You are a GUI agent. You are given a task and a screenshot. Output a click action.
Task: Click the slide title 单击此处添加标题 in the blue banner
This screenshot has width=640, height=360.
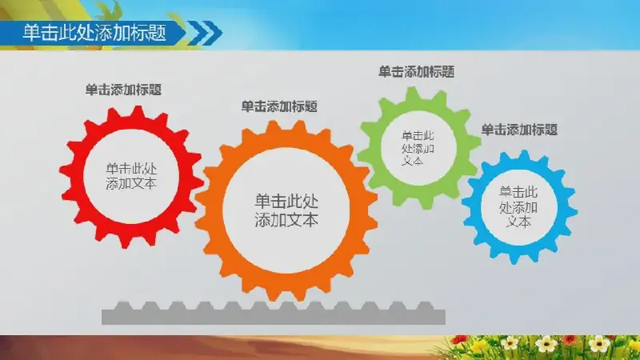coord(94,33)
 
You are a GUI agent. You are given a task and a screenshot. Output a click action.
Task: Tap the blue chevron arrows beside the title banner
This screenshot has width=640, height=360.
coord(206,33)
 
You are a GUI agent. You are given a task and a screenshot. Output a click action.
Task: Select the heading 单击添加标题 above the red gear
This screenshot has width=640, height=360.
coord(123,90)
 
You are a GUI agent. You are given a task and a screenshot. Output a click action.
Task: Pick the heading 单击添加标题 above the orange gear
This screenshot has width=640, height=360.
coord(279,106)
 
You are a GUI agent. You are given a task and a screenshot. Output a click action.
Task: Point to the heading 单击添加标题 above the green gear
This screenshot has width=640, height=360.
coord(416,72)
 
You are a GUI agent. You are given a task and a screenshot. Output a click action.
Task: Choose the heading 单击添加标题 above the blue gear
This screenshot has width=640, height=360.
coord(519,130)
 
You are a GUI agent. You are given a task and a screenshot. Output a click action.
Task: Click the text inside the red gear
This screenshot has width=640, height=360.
coord(131,176)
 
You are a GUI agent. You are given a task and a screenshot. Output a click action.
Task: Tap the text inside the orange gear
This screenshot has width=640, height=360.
coord(286,210)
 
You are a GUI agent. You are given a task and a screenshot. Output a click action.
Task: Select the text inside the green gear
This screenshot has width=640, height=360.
coord(418,148)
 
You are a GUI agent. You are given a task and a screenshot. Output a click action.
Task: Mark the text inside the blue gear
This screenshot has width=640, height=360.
coord(518,206)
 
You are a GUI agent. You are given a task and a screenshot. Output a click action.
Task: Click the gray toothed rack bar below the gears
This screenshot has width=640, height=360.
coord(274,314)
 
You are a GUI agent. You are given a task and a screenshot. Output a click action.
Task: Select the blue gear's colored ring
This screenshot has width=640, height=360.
coord(474,206)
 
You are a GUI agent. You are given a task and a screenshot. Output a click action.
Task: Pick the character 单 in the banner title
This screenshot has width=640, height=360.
coord(31,33)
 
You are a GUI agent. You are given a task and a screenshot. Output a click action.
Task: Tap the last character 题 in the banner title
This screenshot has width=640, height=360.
coord(158,33)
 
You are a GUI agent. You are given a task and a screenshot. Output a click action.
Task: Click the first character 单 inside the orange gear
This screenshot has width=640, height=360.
coord(262,202)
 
